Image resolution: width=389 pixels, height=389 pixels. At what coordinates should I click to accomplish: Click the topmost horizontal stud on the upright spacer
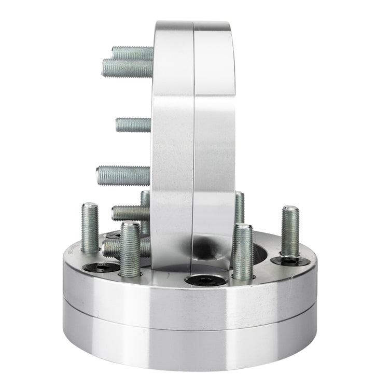click(x=133, y=52)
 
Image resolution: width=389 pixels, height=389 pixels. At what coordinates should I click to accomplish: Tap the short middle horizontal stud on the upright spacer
click(x=133, y=124)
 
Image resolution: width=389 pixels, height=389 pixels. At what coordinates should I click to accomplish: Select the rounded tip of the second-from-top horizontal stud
click(x=105, y=68)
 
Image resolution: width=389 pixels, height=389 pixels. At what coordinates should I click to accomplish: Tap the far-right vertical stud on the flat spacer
click(x=290, y=230)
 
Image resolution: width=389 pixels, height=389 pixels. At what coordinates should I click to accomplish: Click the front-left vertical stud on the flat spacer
click(x=130, y=249)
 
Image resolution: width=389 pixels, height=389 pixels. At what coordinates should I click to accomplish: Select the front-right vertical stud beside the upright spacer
click(x=243, y=252)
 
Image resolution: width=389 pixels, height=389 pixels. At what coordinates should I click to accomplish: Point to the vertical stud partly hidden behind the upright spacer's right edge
click(x=239, y=207)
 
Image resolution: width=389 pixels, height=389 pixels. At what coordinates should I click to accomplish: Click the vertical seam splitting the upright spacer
click(x=194, y=130)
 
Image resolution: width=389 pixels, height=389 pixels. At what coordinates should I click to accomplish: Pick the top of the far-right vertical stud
click(x=290, y=209)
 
